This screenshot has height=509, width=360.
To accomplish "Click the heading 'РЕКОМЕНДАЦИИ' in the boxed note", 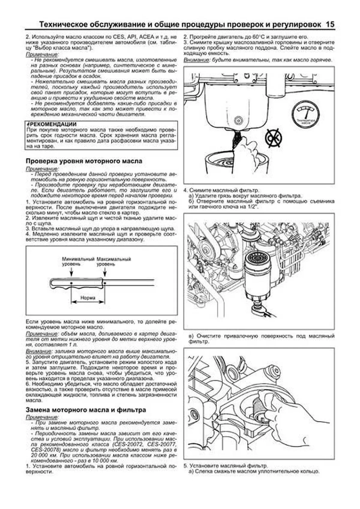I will (x=52, y=124).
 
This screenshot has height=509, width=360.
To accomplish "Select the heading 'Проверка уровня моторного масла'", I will (x=84, y=161).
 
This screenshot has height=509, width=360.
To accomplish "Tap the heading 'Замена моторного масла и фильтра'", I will (x=86, y=409).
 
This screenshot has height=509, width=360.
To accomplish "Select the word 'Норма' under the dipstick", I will (x=88, y=298).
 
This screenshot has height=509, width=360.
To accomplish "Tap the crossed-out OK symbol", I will (x=273, y=138).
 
